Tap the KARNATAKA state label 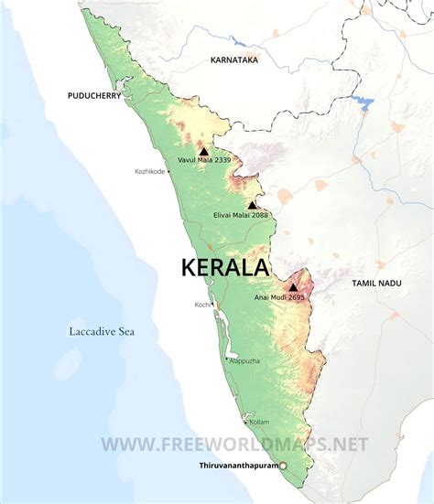233,59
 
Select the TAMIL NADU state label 377,284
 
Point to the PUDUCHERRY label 95,95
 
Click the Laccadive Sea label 102,331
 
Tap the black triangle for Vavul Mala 203,150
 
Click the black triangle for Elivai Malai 252,205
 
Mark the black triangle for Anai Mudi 292,287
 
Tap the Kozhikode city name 151,171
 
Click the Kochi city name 201,305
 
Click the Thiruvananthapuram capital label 239,466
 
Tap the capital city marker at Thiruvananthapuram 283,466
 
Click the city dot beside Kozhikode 170,171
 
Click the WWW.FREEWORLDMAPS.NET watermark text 234,445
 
